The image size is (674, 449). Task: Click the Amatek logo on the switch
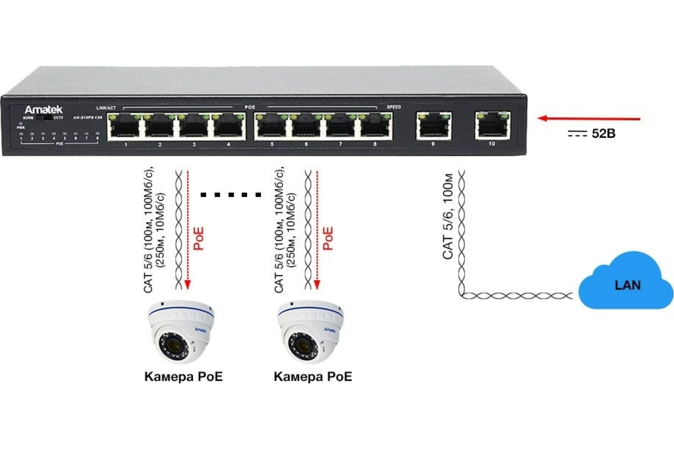(44, 110)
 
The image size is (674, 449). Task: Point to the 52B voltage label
(603, 134)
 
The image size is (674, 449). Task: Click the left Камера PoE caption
(183, 377)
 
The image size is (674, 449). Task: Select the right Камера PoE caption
(313, 377)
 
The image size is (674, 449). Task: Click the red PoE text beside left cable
(198, 239)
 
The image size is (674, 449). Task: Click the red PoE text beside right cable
(328, 239)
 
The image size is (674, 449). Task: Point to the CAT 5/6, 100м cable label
(448, 216)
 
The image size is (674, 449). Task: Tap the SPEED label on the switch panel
(394, 107)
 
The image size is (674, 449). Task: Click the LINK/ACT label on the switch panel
(106, 108)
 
